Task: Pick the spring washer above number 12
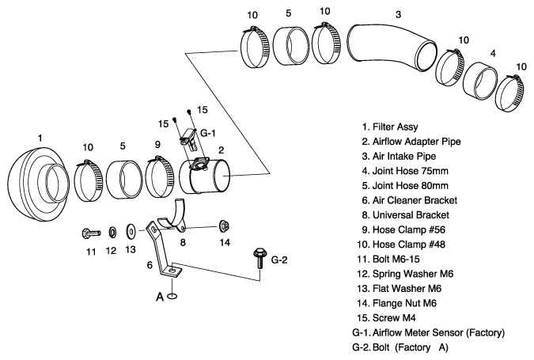click(x=111, y=233)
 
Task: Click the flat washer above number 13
click(x=131, y=233)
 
